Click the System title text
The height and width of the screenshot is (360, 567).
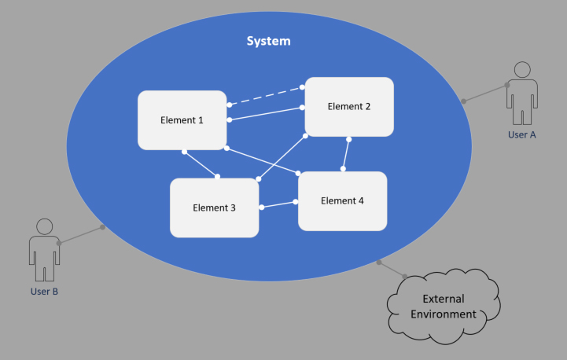click(269, 41)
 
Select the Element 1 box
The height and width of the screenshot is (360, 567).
click(182, 120)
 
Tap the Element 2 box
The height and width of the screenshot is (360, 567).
click(349, 107)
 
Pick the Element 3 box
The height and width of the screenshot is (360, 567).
click(214, 208)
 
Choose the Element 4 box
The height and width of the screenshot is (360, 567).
click(342, 200)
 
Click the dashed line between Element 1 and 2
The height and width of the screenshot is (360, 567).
click(267, 96)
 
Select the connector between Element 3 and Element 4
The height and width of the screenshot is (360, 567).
click(278, 204)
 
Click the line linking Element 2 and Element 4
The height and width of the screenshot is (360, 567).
click(345, 153)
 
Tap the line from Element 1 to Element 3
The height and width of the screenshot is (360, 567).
click(201, 163)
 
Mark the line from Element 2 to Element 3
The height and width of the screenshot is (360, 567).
click(282, 157)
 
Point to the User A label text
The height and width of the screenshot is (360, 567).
click(521, 134)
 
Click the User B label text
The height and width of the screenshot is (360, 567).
click(44, 292)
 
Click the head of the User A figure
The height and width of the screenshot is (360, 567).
click(522, 69)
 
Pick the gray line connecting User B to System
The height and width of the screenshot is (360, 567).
click(81, 235)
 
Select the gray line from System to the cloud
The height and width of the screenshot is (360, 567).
click(392, 269)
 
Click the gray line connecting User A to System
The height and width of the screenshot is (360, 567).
click(485, 93)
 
